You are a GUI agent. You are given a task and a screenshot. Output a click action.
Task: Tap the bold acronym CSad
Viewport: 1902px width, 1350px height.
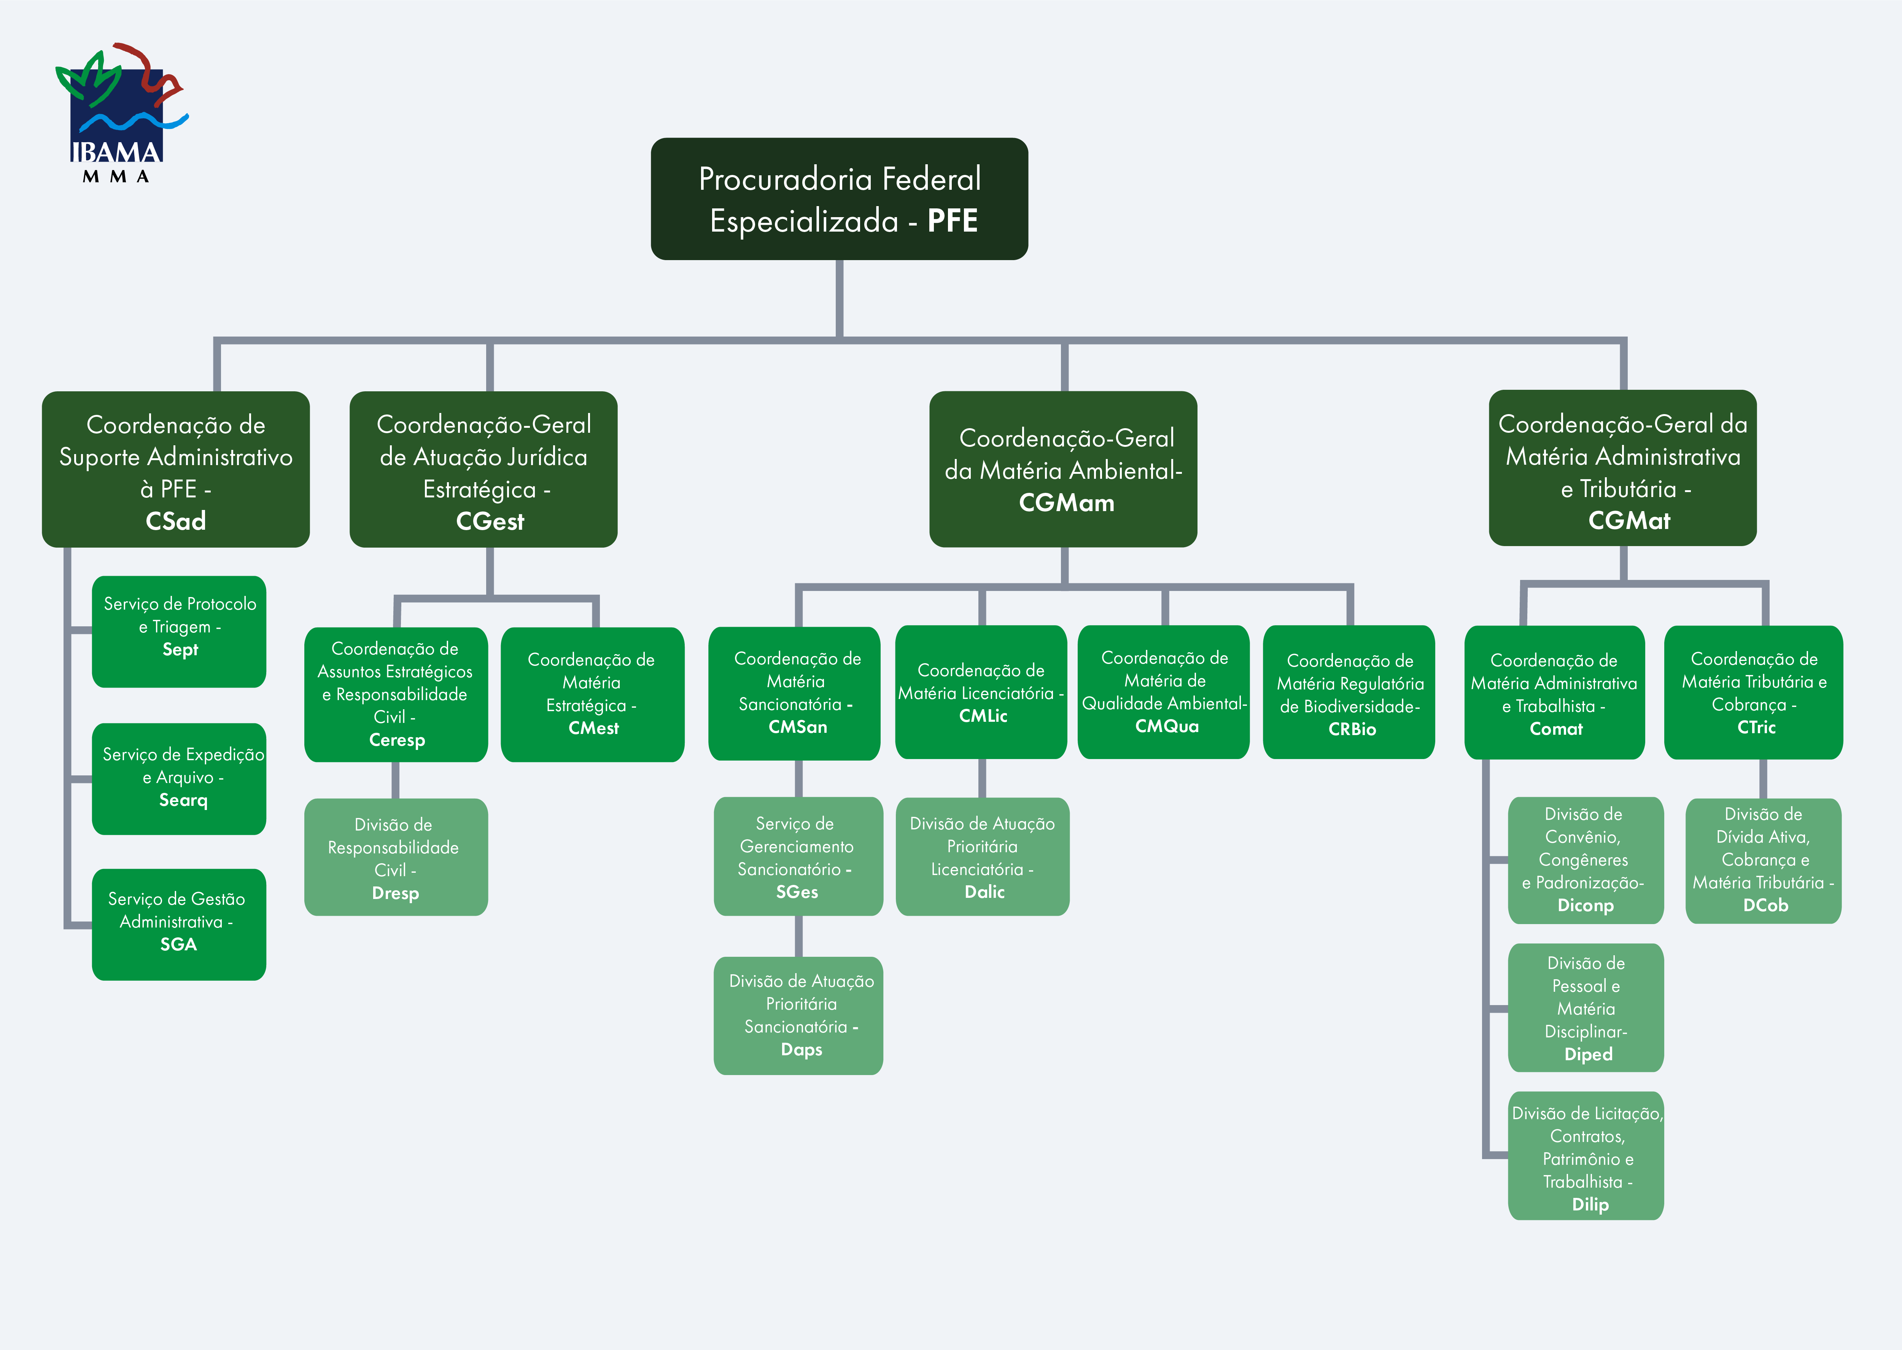point(175,521)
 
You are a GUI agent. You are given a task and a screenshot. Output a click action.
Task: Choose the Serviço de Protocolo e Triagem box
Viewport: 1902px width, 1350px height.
point(180,632)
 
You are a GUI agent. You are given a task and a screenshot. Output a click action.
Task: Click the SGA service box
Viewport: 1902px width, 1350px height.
point(180,924)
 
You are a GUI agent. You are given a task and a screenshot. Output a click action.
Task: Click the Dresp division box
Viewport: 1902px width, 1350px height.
point(396,857)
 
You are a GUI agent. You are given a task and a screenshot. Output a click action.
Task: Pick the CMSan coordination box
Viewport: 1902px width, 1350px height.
point(795,693)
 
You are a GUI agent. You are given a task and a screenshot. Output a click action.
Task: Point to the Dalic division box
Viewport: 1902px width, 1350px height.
point(983,857)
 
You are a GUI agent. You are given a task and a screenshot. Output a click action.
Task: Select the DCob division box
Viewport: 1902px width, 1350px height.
point(1763,860)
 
